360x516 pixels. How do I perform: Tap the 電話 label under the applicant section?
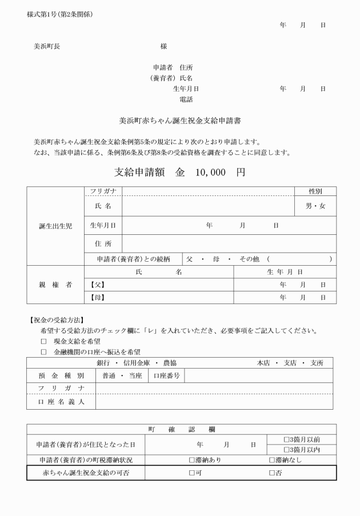click(186, 99)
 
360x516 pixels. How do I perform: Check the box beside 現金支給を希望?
click(43, 341)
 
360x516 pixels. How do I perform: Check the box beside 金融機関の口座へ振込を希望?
click(43, 352)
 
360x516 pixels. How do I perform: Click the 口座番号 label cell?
click(165, 375)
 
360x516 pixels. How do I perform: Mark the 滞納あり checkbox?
click(192, 460)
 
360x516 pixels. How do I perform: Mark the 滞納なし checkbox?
click(272, 460)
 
